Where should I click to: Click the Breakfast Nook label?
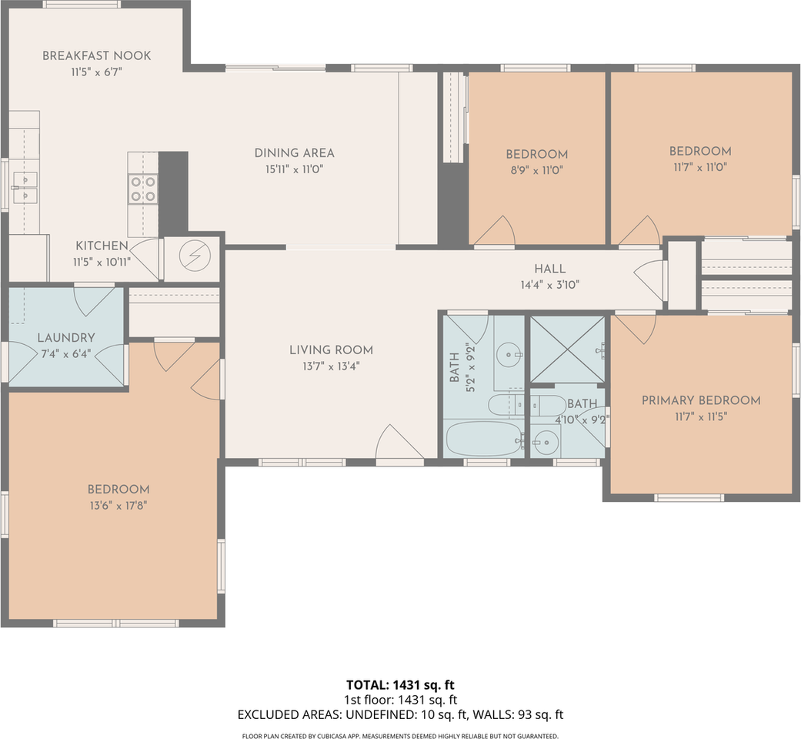pyautogui.click(x=96, y=55)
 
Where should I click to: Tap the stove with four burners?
pyautogui.click(x=142, y=189)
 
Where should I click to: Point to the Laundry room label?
pyautogui.click(x=66, y=337)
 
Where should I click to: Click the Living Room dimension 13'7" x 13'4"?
pyautogui.click(x=331, y=366)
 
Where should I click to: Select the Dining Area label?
pyautogui.click(x=294, y=153)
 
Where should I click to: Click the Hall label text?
pyautogui.click(x=549, y=269)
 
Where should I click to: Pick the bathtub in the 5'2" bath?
pyautogui.click(x=485, y=439)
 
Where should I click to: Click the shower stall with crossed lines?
pyautogui.click(x=568, y=349)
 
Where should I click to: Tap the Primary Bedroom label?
pyautogui.click(x=701, y=400)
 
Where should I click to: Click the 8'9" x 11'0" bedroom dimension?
pyautogui.click(x=536, y=170)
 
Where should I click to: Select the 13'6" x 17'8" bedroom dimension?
pyautogui.click(x=118, y=506)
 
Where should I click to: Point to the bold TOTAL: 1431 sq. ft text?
pyautogui.click(x=400, y=685)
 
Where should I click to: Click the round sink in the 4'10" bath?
pyautogui.click(x=546, y=442)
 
